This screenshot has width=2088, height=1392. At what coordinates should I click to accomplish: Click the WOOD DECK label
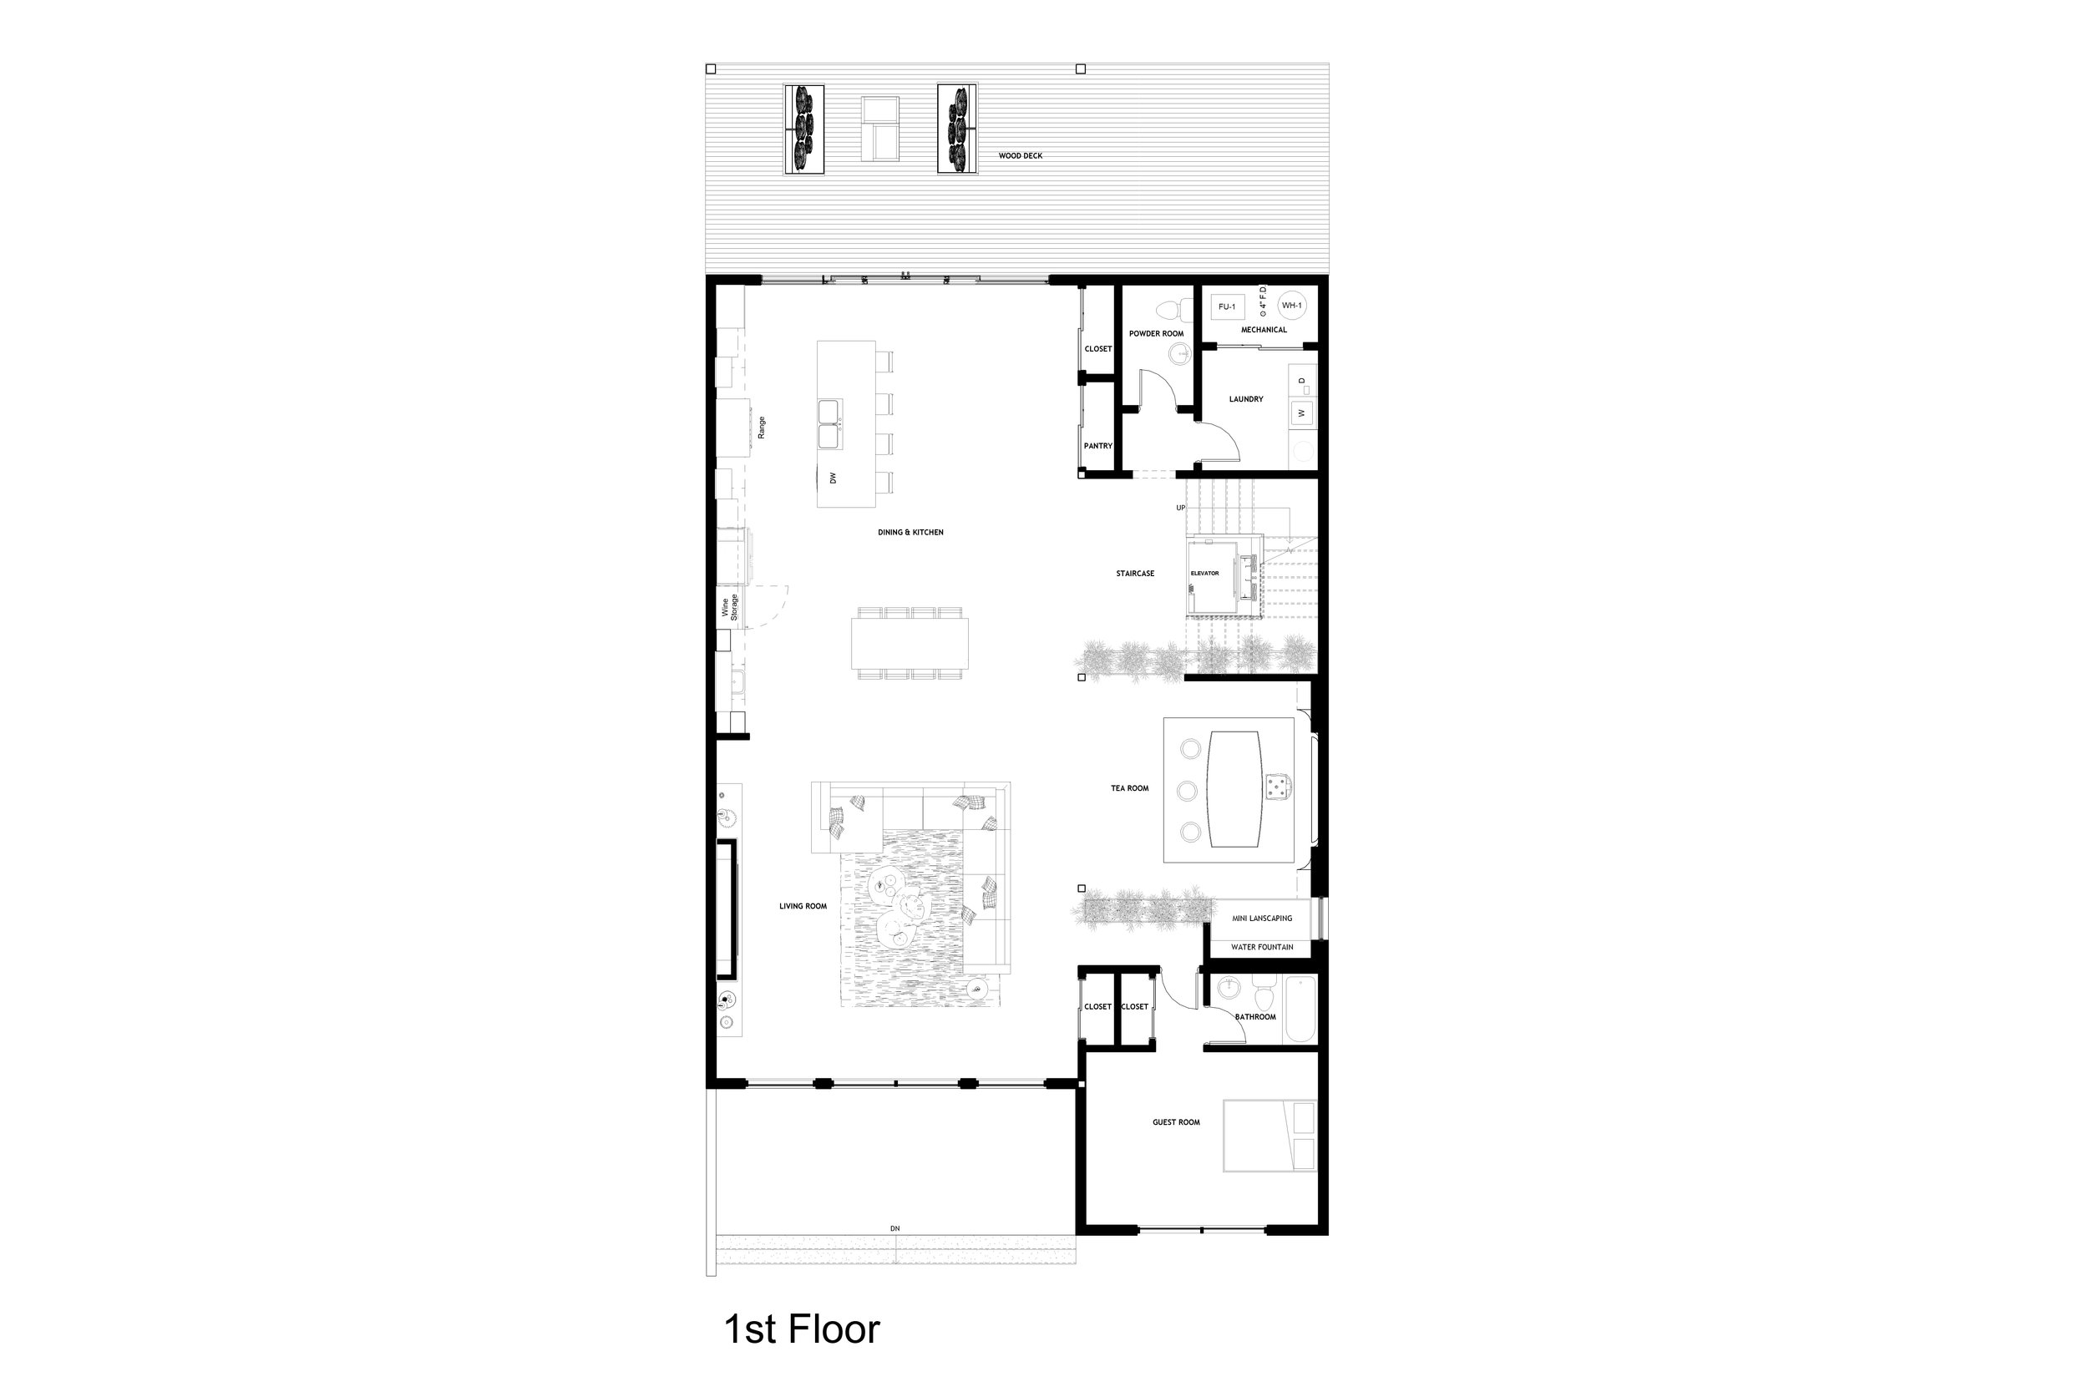[1020, 155]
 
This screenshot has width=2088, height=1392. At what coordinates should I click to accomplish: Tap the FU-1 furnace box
[1227, 306]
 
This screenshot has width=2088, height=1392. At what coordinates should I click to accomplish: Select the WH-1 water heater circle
[1292, 306]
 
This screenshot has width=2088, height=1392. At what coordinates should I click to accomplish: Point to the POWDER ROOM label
[1156, 334]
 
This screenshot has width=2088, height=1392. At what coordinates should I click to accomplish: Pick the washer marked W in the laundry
[1301, 413]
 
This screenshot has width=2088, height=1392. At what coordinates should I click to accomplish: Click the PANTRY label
[1098, 446]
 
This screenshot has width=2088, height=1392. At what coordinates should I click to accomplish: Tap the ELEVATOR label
[1204, 574]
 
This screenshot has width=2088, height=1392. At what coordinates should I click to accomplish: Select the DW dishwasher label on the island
[833, 478]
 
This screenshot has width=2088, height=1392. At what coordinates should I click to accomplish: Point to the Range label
[762, 428]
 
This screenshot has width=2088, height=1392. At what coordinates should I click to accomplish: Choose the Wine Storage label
[730, 606]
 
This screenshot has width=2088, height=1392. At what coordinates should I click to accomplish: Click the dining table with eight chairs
[910, 644]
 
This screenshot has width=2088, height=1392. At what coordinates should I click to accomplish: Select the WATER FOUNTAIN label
[1261, 947]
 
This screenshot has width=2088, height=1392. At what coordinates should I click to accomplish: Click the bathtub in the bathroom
[1300, 1010]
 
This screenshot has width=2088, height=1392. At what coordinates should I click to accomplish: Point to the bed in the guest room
[1270, 1136]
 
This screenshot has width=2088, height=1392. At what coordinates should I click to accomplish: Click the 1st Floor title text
[802, 1330]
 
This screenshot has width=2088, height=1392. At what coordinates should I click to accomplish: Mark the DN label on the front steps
[894, 1228]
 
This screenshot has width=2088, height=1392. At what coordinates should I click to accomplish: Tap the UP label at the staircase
[1181, 508]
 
